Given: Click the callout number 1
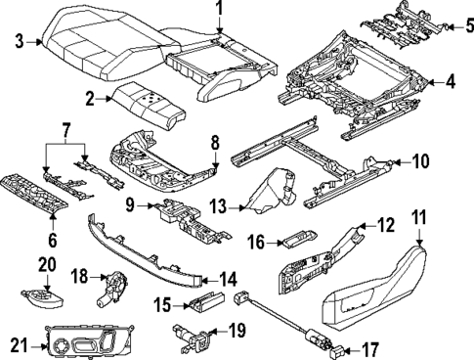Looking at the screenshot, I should tap(220, 11).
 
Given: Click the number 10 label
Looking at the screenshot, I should tap(420, 160).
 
